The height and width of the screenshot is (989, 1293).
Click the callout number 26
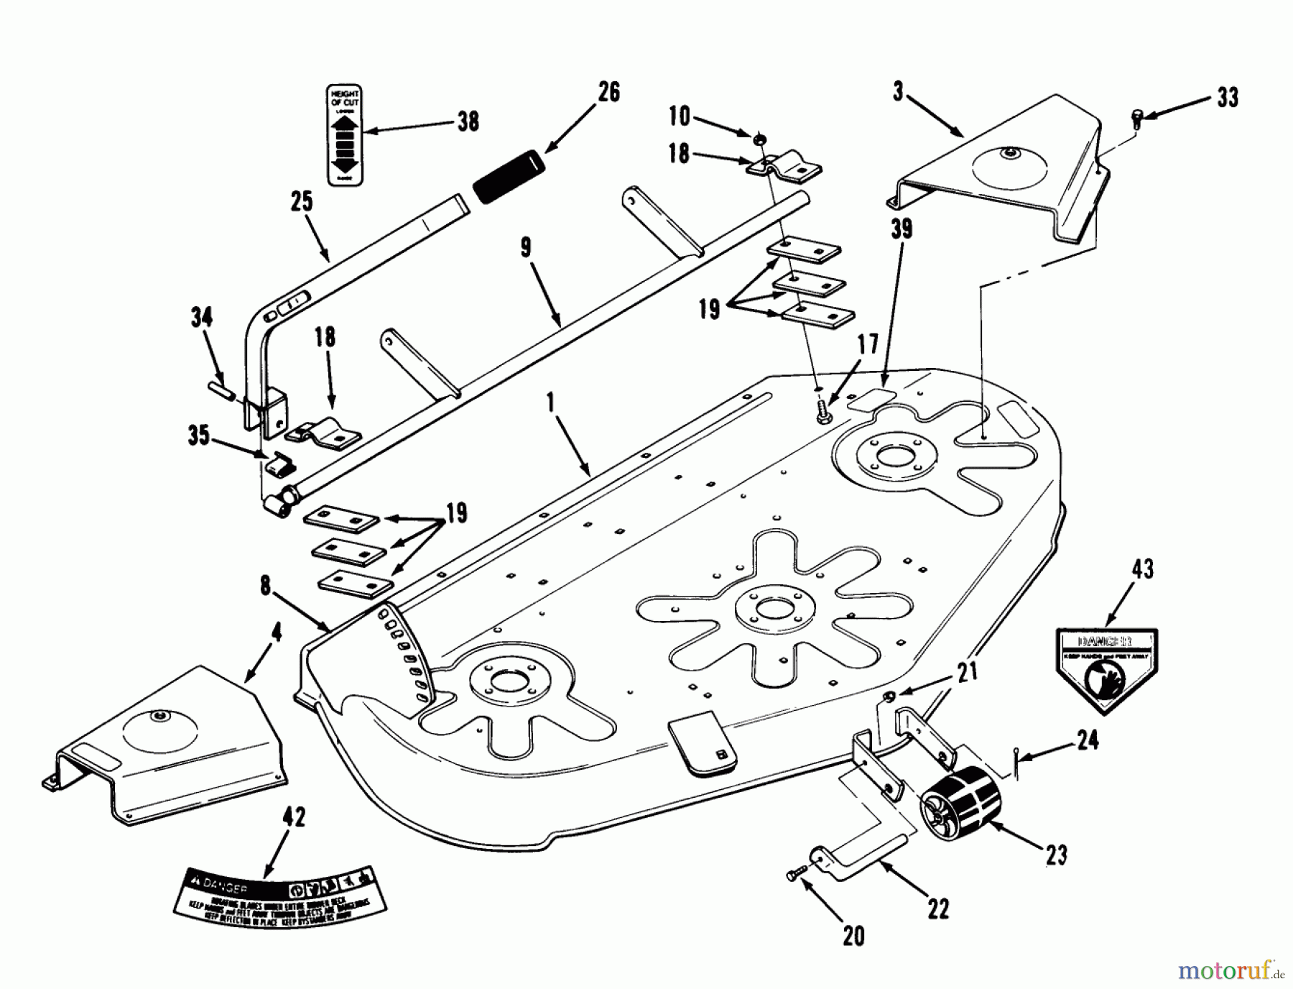(x=608, y=93)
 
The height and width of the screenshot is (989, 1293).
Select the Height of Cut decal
(x=344, y=136)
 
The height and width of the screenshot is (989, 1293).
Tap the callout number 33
(x=1228, y=98)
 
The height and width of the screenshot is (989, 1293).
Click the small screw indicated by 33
(x=1136, y=117)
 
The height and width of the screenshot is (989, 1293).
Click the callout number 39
(x=901, y=229)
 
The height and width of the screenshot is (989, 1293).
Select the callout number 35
(x=199, y=436)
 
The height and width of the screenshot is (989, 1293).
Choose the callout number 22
(x=938, y=908)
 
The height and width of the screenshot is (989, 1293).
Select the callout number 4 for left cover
(x=277, y=632)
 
